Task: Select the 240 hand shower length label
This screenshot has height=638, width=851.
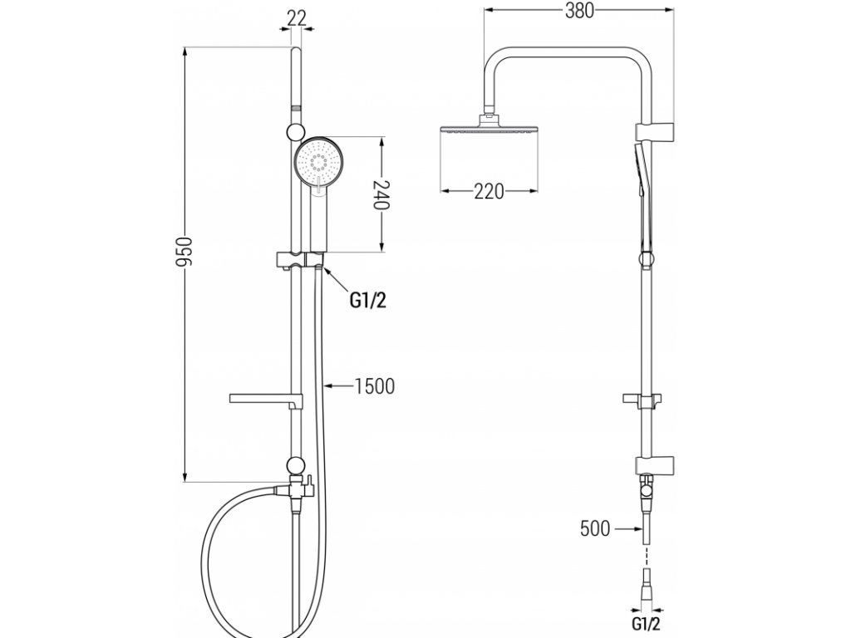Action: coord(381,194)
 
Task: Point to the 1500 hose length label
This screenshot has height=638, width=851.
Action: coord(374,385)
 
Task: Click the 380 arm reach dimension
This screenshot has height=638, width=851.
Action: coord(578,11)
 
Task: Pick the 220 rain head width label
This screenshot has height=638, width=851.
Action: coord(489,191)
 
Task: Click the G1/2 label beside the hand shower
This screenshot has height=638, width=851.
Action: coord(367,301)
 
